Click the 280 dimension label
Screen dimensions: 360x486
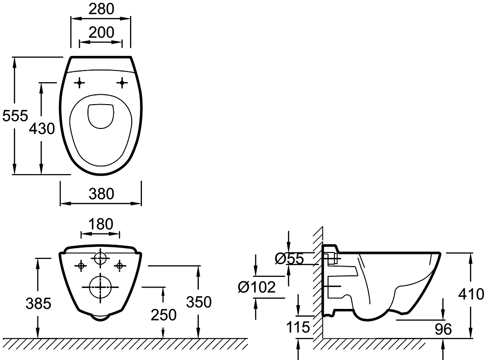[101, 9]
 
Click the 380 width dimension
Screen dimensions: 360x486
[101, 194]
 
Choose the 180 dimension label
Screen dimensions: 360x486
[101, 224]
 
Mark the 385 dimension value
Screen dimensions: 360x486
[38, 304]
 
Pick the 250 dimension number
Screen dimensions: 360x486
[163, 315]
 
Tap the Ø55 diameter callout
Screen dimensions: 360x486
[289, 259]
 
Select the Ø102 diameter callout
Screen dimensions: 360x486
[257, 287]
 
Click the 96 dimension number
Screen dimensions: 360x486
[443, 329]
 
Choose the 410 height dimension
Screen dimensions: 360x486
[471, 294]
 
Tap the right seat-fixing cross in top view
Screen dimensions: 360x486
[121, 83]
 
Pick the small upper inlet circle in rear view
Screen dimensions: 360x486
[101, 258]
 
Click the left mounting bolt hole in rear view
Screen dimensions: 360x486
[81, 265]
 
